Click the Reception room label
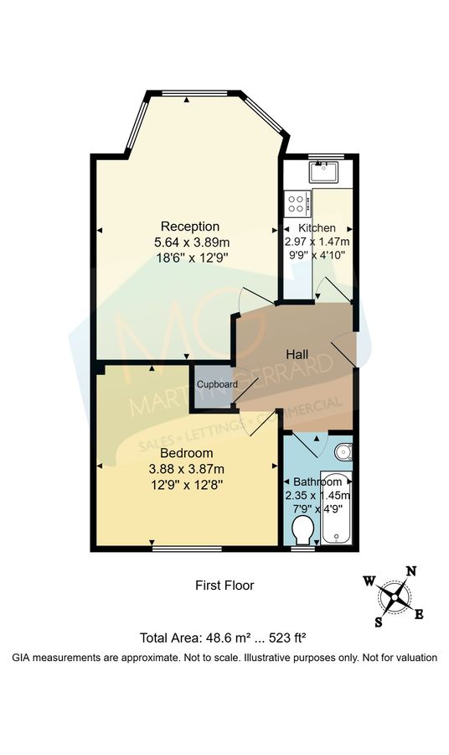coord(190,226)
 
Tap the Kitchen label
coord(317,228)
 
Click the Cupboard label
coord(217,384)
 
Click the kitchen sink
coord(323,173)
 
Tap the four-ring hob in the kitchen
coord(297,202)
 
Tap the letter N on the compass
coord(410,572)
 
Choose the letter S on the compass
coord(379,622)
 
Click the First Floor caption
coord(224,586)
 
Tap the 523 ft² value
coord(297,637)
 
